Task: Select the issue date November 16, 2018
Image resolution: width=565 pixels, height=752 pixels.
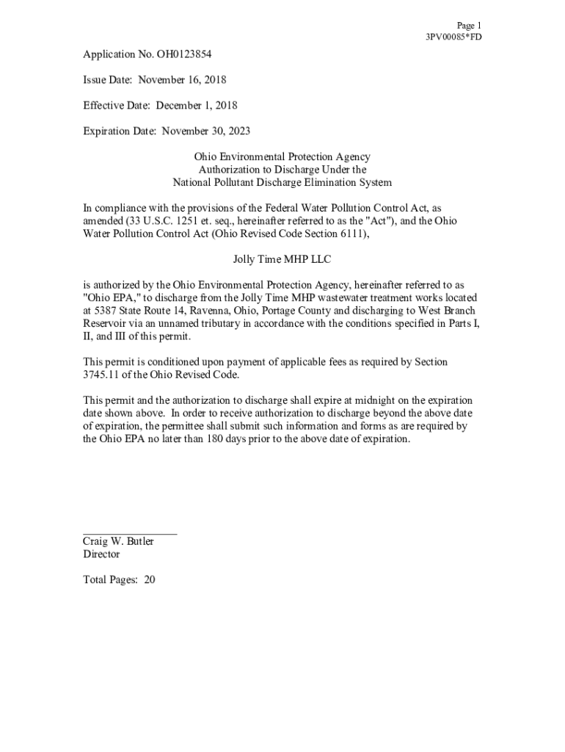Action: point(183,80)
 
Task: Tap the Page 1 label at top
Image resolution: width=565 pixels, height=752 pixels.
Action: point(469,25)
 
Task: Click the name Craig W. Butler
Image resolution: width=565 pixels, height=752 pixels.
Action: point(118,541)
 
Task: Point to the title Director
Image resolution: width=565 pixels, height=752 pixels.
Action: point(101,554)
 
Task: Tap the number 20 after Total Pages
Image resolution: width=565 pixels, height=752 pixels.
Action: point(150,579)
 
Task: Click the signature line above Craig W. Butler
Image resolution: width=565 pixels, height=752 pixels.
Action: point(130,534)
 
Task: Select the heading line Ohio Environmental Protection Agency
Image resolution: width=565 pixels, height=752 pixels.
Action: point(282,157)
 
